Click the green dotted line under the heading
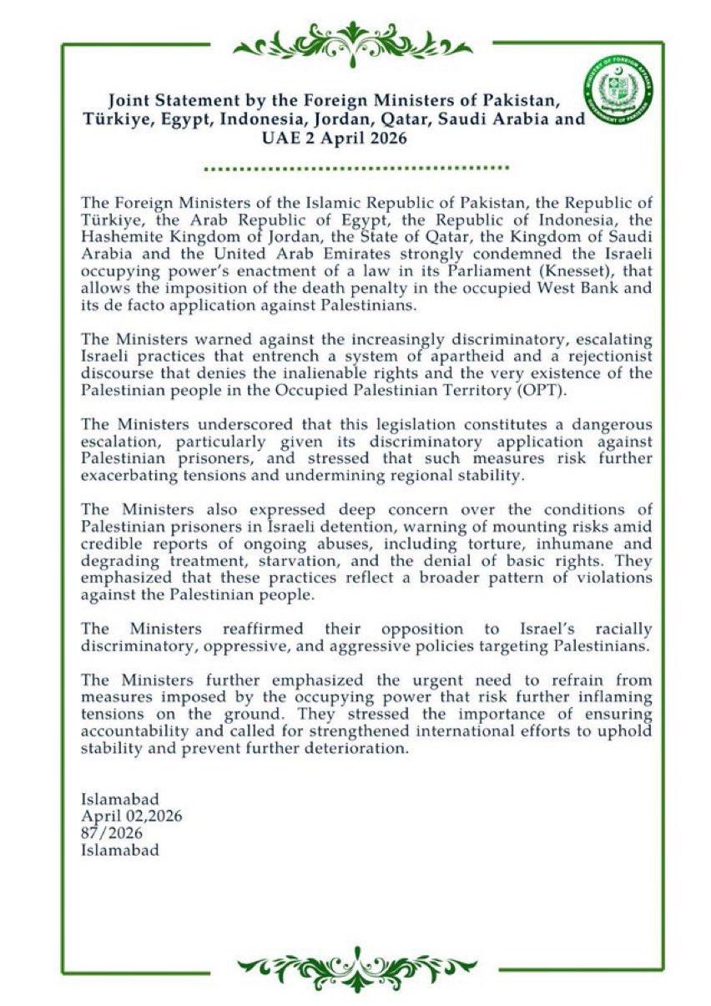[356, 168]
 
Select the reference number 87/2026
[112, 833]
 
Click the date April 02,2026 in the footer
[131, 816]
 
